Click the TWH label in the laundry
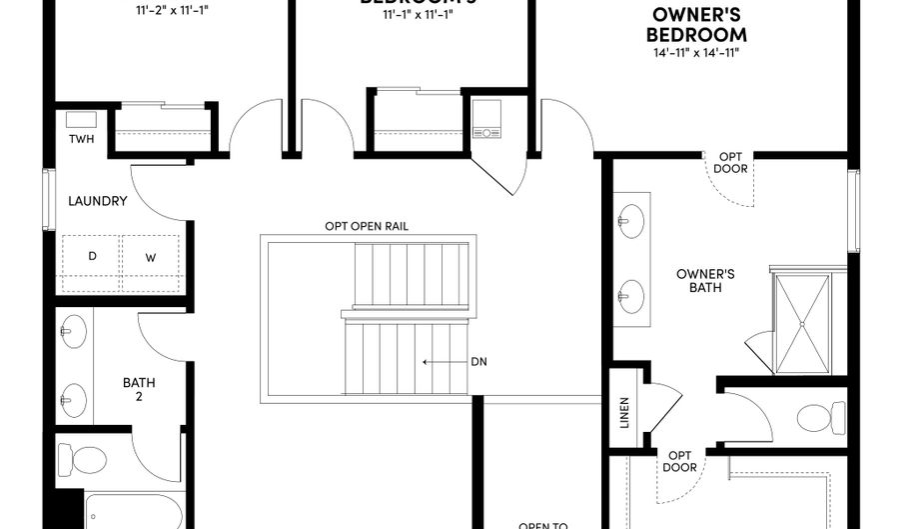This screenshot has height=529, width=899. pyautogui.click(x=81, y=139)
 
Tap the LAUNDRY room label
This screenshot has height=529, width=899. pyautogui.click(x=97, y=201)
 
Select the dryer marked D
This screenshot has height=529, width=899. pyautogui.click(x=92, y=256)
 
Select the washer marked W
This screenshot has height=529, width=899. pyautogui.click(x=151, y=257)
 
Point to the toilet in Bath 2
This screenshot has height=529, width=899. pyautogui.click(x=83, y=461)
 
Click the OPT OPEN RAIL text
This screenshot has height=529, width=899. pyautogui.click(x=366, y=226)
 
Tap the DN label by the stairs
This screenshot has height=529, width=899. pyautogui.click(x=478, y=361)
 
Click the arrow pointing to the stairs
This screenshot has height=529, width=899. pyautogui.click(x=440, y=361)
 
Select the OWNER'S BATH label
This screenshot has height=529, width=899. pyautogui.click(x=705, y=280)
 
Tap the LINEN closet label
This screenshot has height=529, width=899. pyautogui.click(x=625, y=412)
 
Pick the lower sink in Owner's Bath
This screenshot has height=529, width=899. pyautogui.click(x=630, y=295)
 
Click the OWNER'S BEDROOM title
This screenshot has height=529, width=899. pyautogui.click(x=698, y=24)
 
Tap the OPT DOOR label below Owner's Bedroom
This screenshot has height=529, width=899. pyautogui.click(x=729, y=162)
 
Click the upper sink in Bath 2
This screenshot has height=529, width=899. pyautogui.click(x=72, y=328)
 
